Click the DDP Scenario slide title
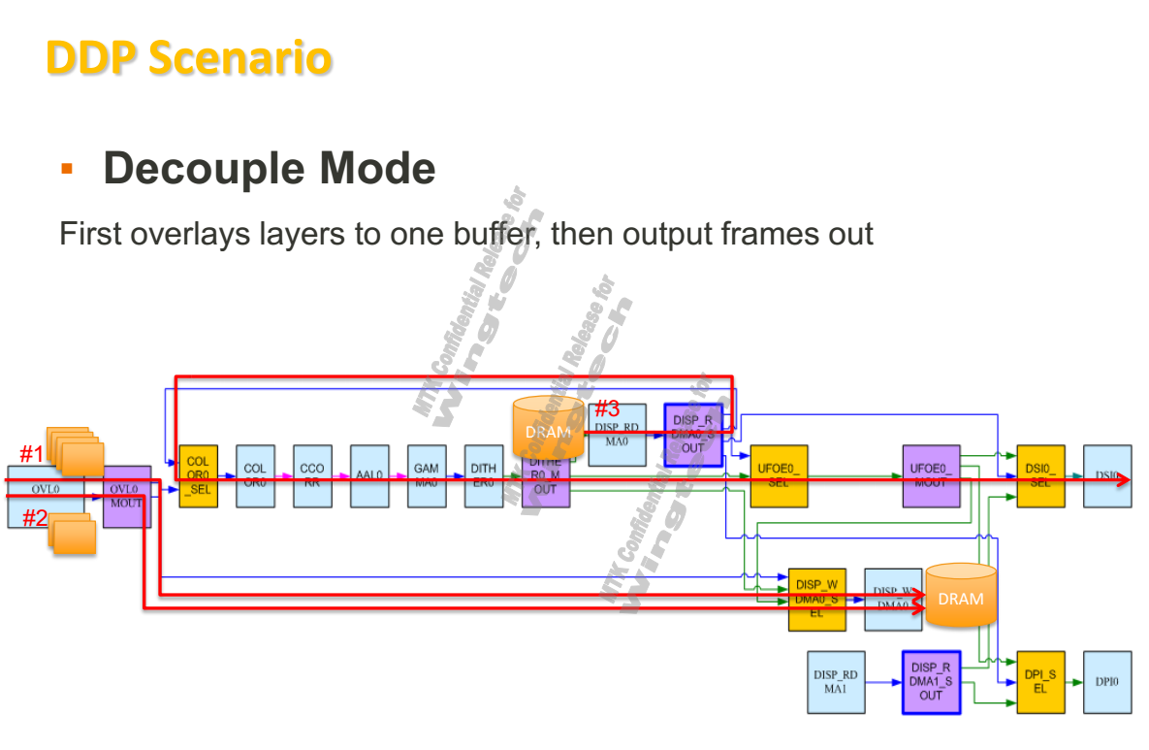(189, 58)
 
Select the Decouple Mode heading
(269, 169)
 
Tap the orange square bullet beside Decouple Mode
(67, 169)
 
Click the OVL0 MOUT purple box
(126, 496)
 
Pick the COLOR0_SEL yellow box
(198, 475)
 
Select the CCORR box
(311, 475)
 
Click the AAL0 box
(368, 475)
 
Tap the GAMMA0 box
(426, 475)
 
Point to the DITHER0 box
(483, 475)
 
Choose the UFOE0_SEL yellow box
(779, 475)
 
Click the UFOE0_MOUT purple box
(931, 475)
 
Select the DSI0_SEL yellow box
(1039, 475)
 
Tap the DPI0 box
(1106, 682)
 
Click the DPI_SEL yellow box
(1039, 682)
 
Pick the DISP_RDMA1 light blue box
(836, 682)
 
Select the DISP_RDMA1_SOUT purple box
(931, 682)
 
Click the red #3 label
(607, 408)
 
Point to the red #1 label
(32, 453)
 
